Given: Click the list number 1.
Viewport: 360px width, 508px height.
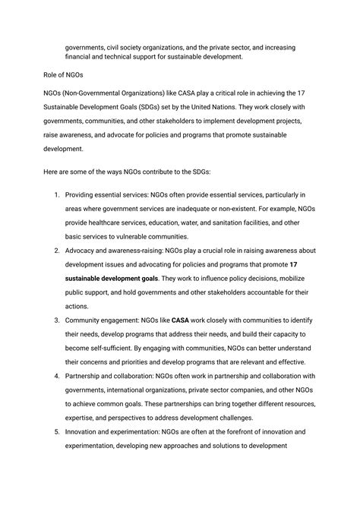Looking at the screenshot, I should [57, 195].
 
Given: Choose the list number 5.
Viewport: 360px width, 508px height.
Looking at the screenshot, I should [57, 431].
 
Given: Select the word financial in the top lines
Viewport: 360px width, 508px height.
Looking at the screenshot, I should [84, 55].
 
